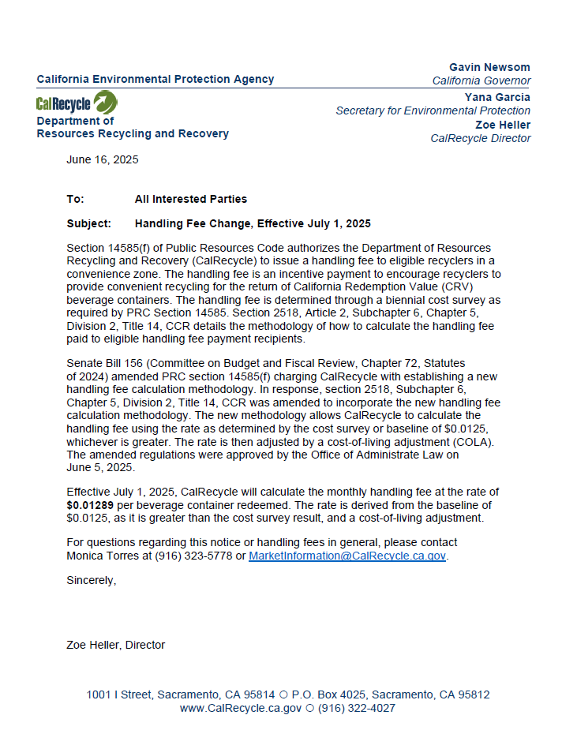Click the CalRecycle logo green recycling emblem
coord(105,103)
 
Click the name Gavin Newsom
coord(489,67)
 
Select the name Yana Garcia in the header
coord(497,97)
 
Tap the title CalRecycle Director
coord(480,138)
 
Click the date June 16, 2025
coord(103,159)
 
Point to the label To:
coord(76,199)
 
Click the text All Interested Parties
coord(190,199)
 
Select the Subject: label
coord(89,223)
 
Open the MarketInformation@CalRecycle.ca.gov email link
coord(347,556)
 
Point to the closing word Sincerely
coord(91,580)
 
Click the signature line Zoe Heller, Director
coord(116,645)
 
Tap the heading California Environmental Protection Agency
coord(155,79)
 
